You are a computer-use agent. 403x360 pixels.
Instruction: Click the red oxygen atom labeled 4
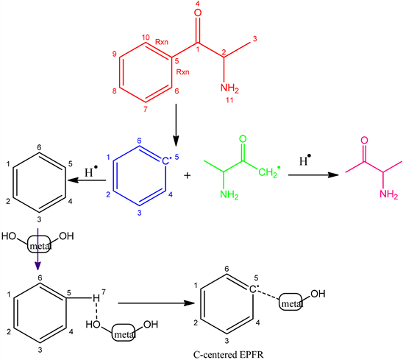(x=198, y=13)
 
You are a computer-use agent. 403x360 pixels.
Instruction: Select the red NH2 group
(x=229, y=88)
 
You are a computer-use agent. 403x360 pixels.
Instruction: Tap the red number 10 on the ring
(x=145, y=38)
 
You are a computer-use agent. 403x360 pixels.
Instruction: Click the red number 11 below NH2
(x=229, y=100)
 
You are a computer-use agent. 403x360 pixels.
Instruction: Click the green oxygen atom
(x=243, y=139)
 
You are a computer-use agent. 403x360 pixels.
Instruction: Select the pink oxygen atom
(x=364, y=141)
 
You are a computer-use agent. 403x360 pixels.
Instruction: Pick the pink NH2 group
(x=388, y=194)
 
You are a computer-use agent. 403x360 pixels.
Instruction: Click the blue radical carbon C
(x=165, y=161)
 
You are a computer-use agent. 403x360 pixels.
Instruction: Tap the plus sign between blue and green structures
(x=188, y=176)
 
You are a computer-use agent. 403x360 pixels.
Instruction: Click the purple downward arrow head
(x=38, y=266)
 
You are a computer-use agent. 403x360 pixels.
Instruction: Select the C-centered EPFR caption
(x=228, y=355)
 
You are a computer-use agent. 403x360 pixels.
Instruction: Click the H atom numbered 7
(x=96, y=298)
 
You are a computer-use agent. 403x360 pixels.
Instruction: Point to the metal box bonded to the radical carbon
(x=290, y=302)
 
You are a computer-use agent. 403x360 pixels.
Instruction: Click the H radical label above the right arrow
(x=305, y=160)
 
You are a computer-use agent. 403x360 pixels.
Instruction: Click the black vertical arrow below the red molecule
(x=176, y=125)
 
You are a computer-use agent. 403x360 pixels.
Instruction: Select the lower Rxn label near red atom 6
(x=182, y=72)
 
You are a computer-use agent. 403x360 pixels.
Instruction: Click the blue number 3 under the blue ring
(x=139, y=213)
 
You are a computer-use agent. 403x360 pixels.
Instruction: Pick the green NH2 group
(x=229, y=194)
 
